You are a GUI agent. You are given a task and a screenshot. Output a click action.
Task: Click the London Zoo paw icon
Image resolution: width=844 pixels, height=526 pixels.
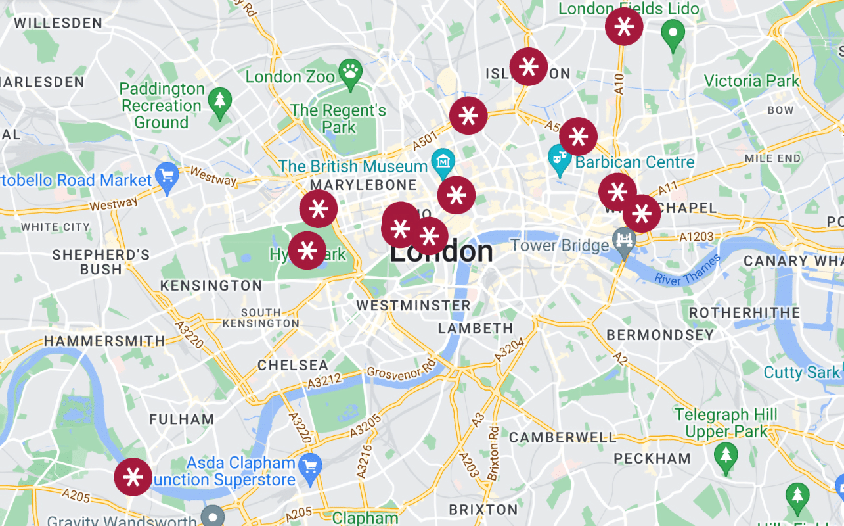pyautogui.click(x=349, y=70)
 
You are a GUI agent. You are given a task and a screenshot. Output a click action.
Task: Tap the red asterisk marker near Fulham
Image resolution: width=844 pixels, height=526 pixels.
pyautogui.click(x=133, y=477)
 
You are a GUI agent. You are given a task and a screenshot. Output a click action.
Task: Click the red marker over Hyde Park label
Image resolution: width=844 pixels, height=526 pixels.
pyautogui.click(x=307, y=251)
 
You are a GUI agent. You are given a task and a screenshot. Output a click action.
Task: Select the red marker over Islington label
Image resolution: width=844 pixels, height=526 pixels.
pyautogui.click(x=529, y=66)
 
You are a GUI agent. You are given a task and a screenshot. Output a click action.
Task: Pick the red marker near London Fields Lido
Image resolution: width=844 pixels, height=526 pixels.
pyautogui.click(x=624, y=27)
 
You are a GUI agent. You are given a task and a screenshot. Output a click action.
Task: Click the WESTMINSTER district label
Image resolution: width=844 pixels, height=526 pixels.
pyautogui.click(x=414, y=306)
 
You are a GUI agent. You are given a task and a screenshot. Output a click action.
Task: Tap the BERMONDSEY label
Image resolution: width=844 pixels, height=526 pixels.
pyautogui.click(x=659, y=335)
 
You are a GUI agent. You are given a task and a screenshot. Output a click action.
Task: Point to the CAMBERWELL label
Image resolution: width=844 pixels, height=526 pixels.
pyautogui.click(x=563, y=437)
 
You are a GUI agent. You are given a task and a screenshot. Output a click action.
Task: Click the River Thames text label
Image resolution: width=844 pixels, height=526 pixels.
pyautogui.click(x=687, y=270)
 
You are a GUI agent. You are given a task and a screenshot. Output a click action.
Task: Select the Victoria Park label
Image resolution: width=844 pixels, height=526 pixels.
pyautogui.click(x=751, y=81)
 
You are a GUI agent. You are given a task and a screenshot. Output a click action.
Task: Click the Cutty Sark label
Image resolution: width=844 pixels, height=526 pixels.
pyautogui.click(x=801, y=372)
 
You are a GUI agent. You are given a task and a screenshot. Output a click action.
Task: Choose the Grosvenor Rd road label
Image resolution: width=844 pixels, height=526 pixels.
pyautogui.click(x=401, y=370)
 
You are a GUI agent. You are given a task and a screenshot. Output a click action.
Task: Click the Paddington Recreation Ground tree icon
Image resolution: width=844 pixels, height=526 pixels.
pyautogui.click(x=219, y=99)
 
